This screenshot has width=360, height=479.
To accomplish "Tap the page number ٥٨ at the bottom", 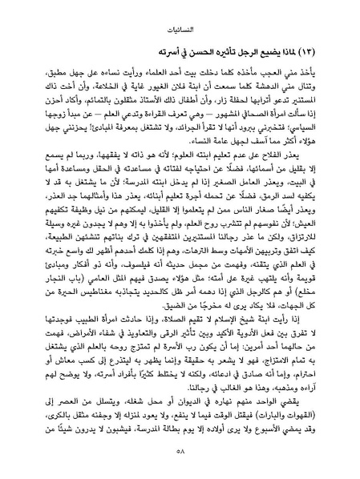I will pos(180,464).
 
